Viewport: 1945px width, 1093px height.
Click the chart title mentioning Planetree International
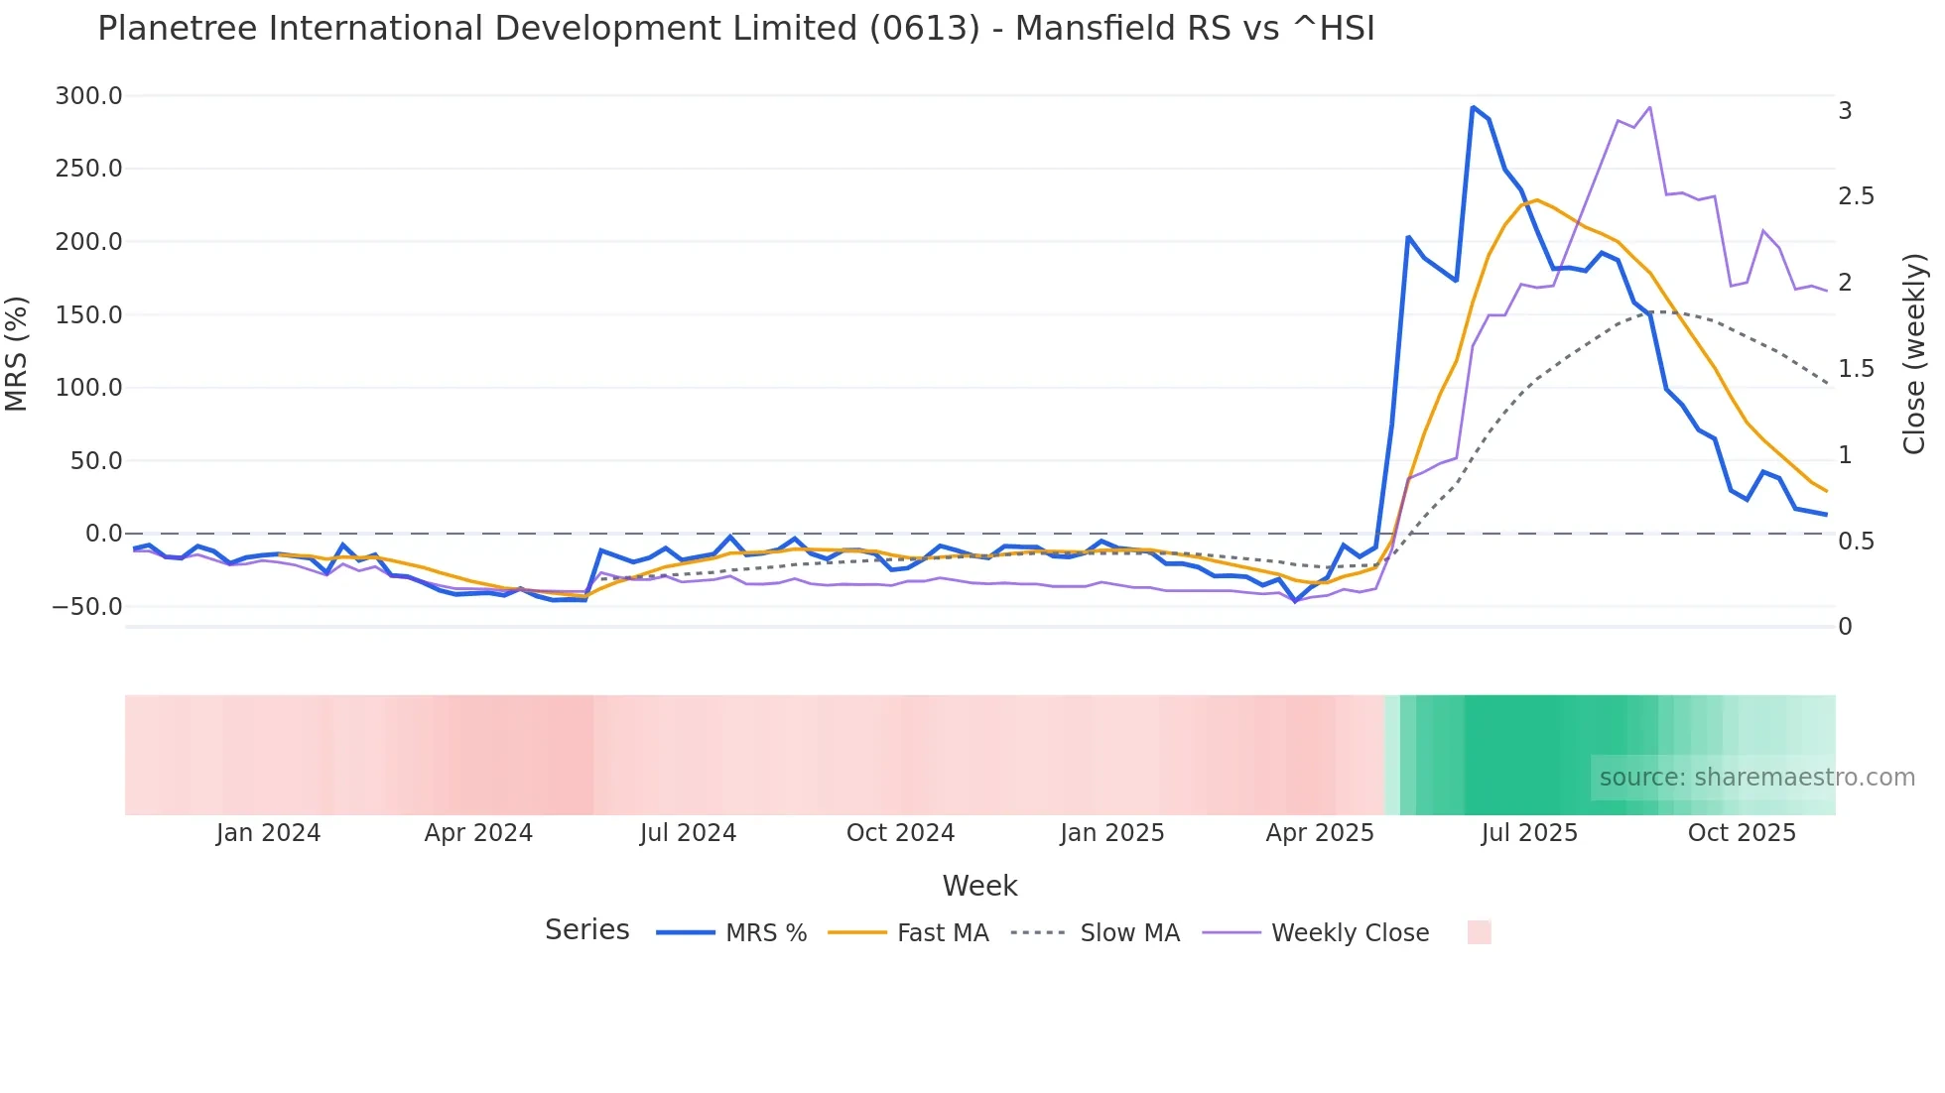click(x=735, y=29)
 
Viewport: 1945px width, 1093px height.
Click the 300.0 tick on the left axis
click(x=88, y=96)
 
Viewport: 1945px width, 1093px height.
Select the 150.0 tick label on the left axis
click(x=88, y=315)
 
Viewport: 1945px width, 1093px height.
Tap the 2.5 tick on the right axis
click(x=1856, y=196)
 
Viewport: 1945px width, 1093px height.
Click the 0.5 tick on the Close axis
click(x=1856, y=542)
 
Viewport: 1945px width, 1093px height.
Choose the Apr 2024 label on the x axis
click(x=478, y=833)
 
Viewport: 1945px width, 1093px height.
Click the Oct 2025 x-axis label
click(x=1742, y=833)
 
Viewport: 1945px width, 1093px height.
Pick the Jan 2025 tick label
click(x=1111, y=833)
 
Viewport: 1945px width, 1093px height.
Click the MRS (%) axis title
click(x=17, y=354)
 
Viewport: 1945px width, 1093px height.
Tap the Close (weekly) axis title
click(x=1914, y=354)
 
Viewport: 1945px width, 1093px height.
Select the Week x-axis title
click(x=979, y=886)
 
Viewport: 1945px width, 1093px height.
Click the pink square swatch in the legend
click(x=1479, y=932)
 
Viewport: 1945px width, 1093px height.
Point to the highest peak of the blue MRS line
click(x=1473, y=107)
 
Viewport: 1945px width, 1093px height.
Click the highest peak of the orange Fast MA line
click(x=1536, y=200)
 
